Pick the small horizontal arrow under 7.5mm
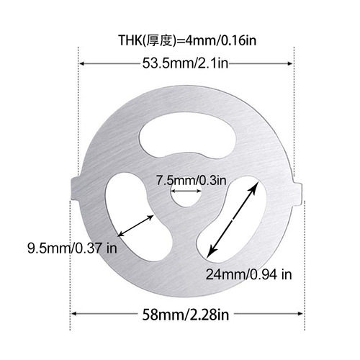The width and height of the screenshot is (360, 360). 186,192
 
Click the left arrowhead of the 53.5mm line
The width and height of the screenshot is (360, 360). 81,65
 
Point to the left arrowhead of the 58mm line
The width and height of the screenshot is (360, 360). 73,315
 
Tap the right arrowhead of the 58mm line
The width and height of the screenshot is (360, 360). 300,315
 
